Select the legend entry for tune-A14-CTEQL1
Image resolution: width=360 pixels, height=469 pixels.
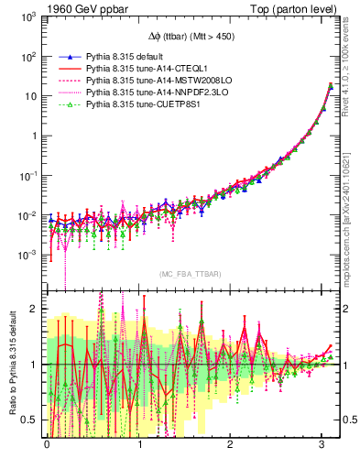[136, 69]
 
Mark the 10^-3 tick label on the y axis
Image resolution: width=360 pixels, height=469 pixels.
[27, 255]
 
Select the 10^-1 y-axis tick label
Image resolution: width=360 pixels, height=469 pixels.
[27, 176]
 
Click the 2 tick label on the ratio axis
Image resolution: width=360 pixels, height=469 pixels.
[34, 308]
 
